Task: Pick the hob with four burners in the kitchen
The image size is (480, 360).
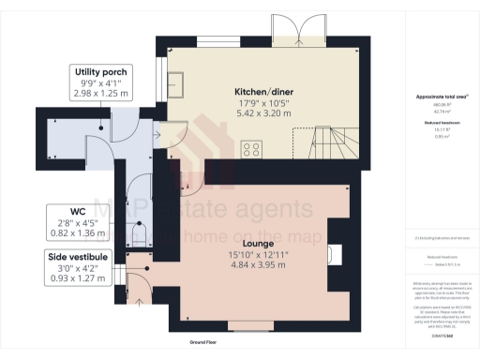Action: [x=252, y=149]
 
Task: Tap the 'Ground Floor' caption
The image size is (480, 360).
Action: [x=207, y=344]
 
